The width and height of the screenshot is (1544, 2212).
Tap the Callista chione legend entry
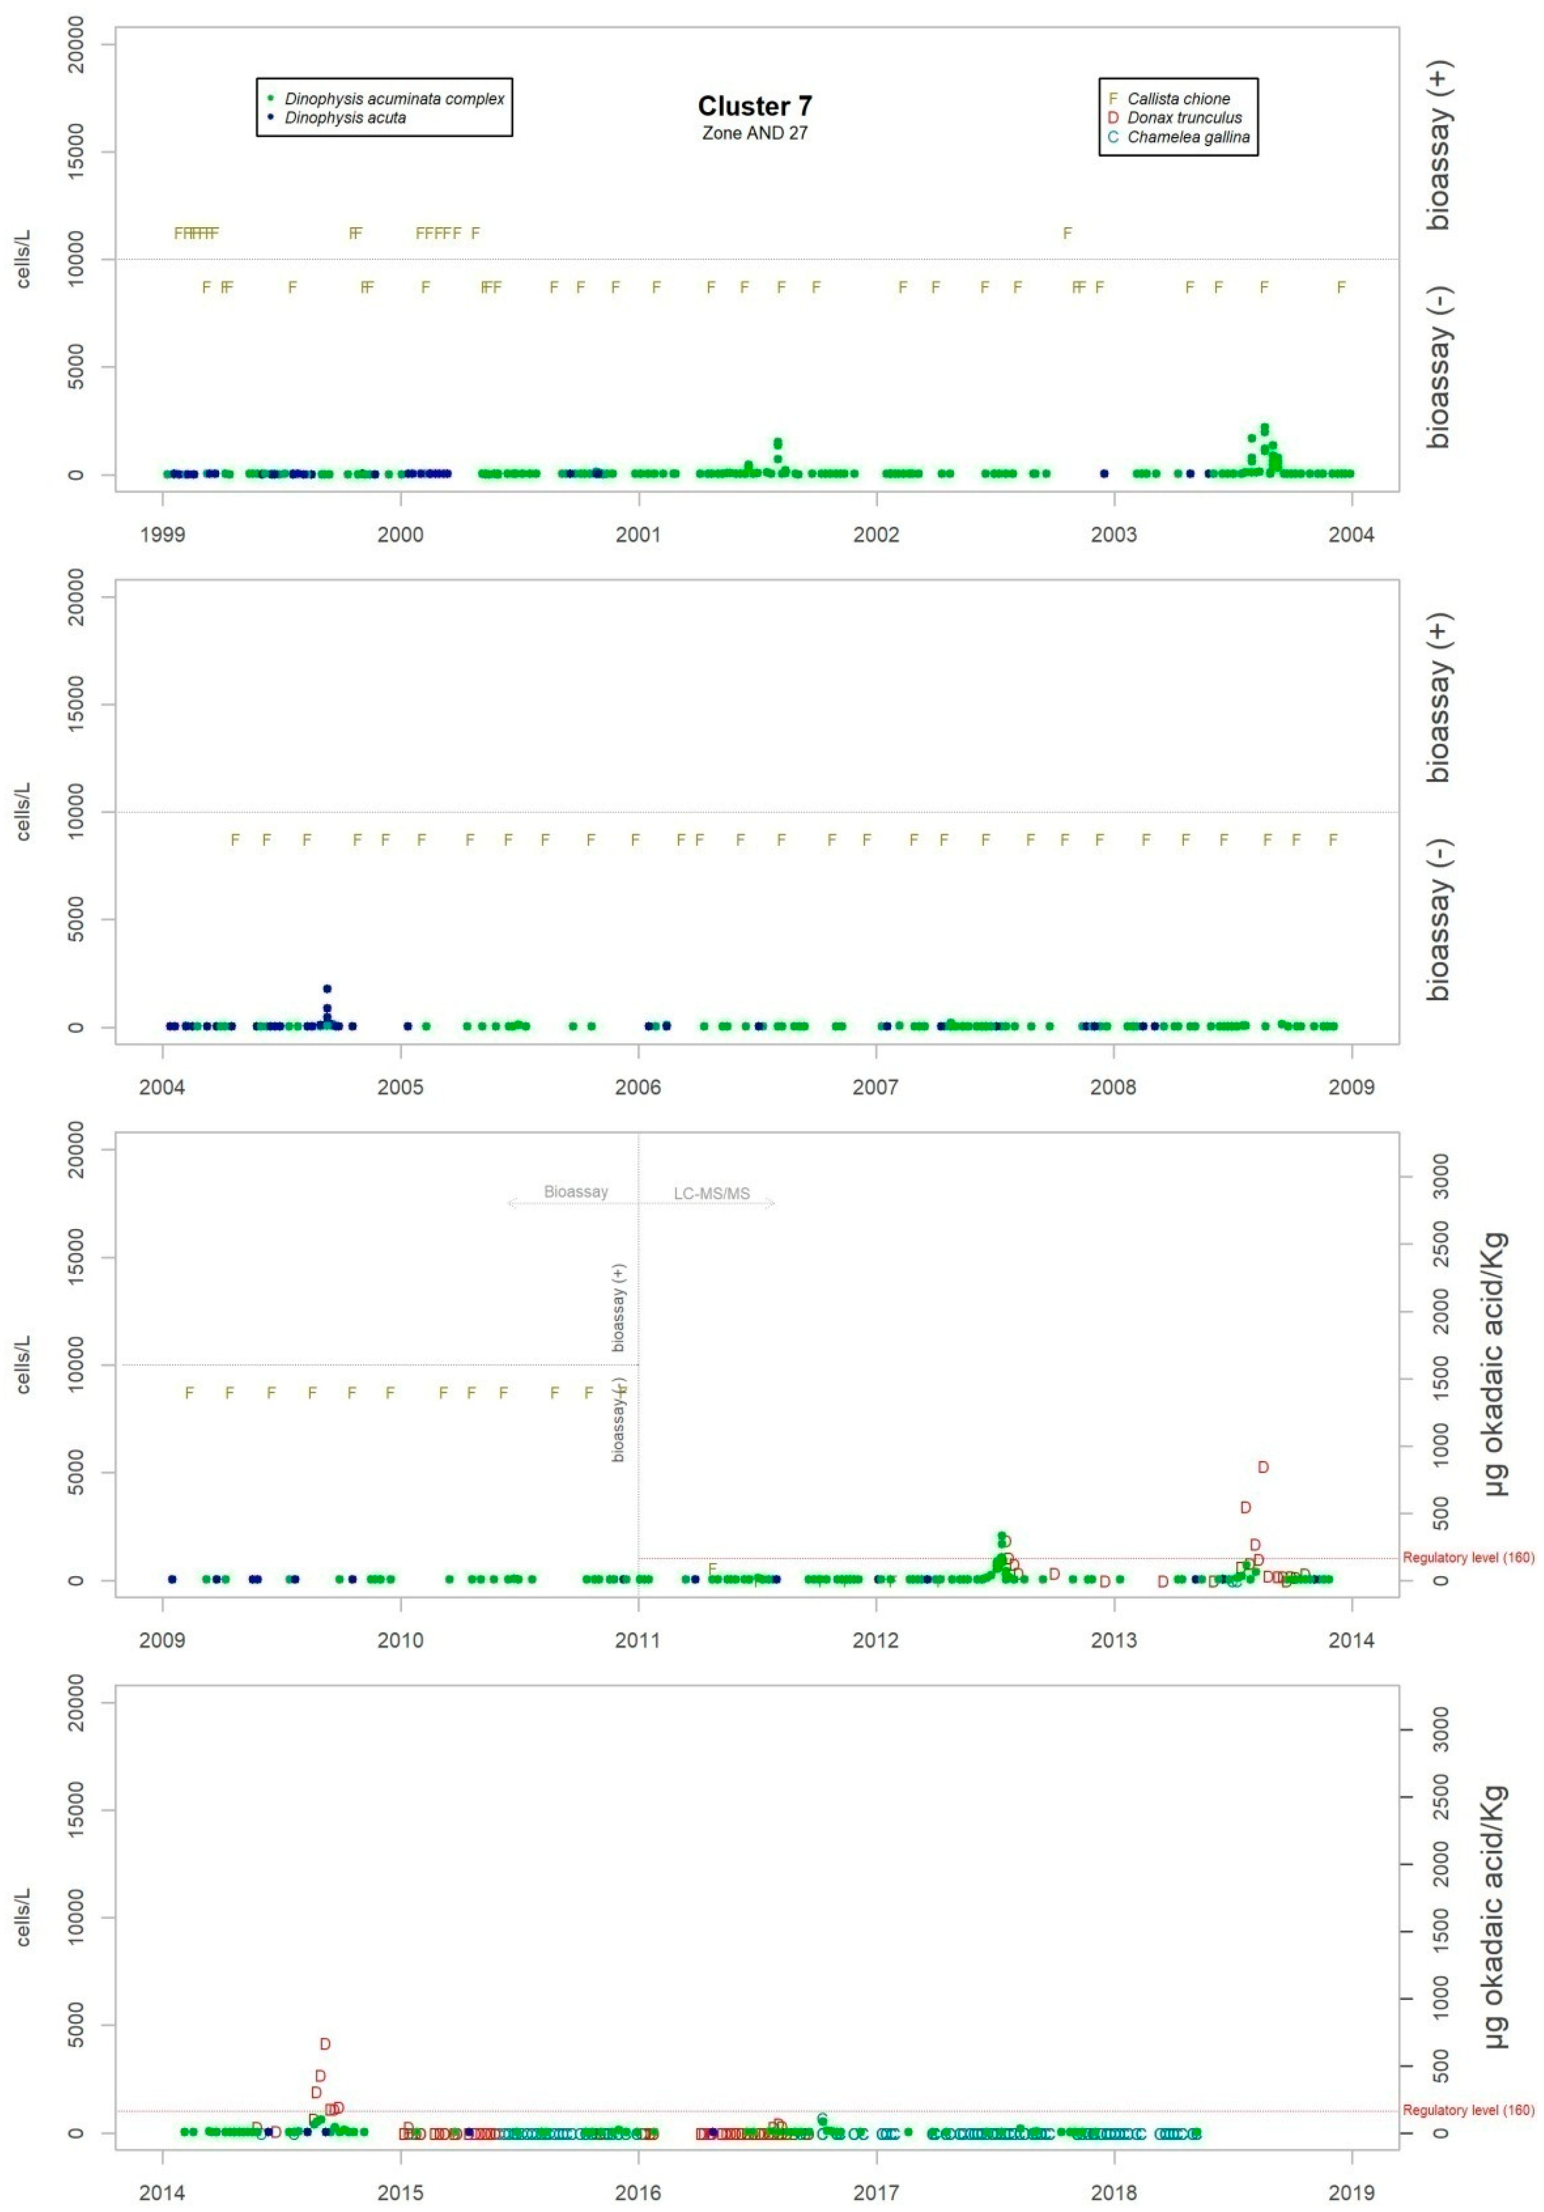[1178, 98]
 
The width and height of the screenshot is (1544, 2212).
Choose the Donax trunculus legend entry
[1184, 117]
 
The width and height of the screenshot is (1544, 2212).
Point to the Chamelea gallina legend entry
[1188, 137]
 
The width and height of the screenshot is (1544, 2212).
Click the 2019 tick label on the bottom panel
[1352, 2193]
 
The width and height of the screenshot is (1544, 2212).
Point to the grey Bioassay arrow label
[576, 1192]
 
